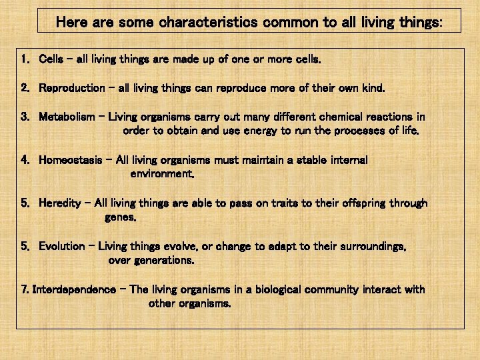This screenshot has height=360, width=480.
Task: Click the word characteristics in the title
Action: [x=208, y=22]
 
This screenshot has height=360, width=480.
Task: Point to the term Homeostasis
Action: [x=71, y=160]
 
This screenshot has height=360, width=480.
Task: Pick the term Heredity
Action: [x=60, y=203]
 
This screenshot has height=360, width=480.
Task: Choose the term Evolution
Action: [x=62, y=246]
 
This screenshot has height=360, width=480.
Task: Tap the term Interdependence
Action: [x=74, y=289]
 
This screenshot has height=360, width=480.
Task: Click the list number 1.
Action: [x=24, y=59]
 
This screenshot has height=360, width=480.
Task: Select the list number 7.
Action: [x=25, y=289]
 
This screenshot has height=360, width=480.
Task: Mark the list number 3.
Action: [x=24, y=117]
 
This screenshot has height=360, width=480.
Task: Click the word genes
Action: [x=121, y=217]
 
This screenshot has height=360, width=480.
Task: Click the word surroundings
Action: [x=370, y=246]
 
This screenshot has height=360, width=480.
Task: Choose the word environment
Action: [x=162, y=174]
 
